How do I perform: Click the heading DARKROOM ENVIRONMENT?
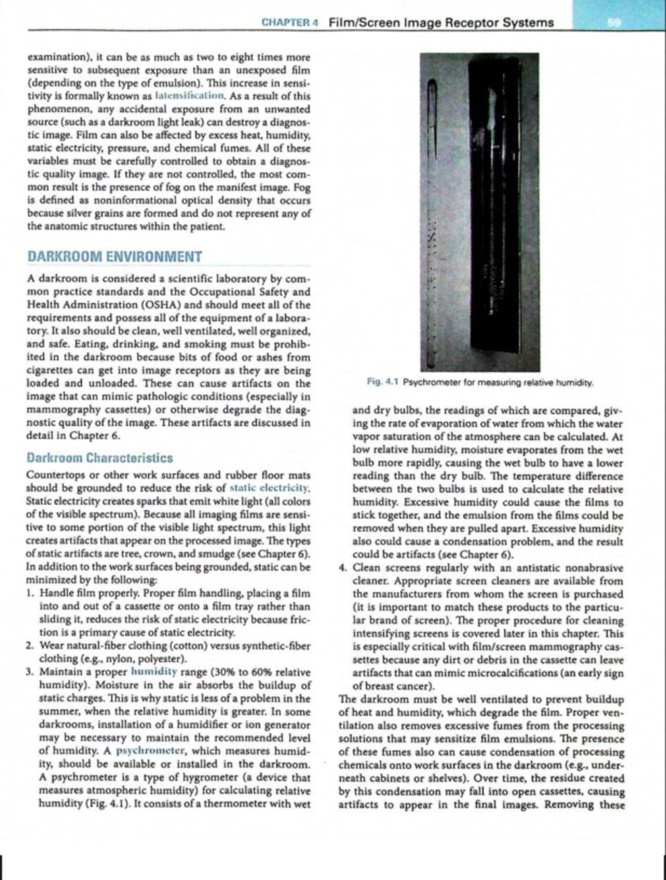114,257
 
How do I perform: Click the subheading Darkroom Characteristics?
99,458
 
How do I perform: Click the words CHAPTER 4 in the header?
282,23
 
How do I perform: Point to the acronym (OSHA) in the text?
163,304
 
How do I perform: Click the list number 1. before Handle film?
31,592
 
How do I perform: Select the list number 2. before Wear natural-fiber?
31,645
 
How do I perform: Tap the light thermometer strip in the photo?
433,222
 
